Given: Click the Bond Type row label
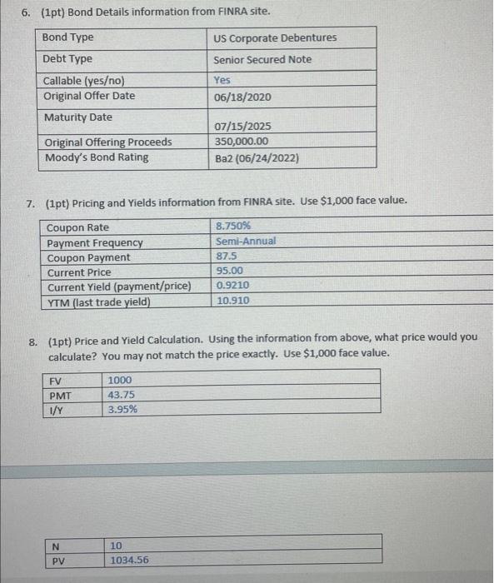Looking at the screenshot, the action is (x=68, y=37).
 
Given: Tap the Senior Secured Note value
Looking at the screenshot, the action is (x=262, y=60).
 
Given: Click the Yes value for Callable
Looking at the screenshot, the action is (x=222, y=81).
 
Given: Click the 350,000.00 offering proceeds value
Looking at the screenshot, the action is (x=242, y=142).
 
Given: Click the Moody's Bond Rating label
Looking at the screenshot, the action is (x=97, y=157).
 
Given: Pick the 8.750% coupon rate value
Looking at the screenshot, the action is (x=233, y=227).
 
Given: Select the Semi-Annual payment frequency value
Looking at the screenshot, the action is (x=246, y=242).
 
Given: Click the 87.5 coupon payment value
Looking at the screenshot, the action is (x=226, y=257).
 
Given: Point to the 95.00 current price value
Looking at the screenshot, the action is (x=229, y=272).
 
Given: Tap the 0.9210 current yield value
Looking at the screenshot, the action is (x=232, y=286).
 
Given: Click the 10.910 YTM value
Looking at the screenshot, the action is (x=232, y=301).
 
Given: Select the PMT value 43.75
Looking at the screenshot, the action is (x=122, y=395).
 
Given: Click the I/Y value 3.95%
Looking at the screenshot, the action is (x=123, y=410).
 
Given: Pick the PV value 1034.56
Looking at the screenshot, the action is (x=129, y=561).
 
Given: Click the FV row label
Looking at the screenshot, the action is (x=57, y=381).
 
